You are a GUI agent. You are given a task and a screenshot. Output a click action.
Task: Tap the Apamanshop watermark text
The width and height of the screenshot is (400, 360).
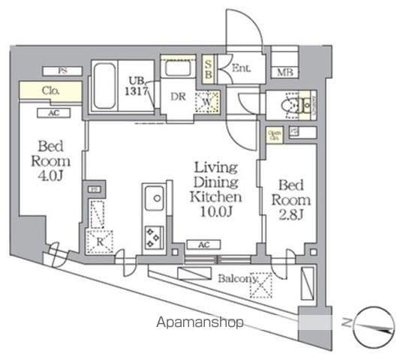click(200, 324)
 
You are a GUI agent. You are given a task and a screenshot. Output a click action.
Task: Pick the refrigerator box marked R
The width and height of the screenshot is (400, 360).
click(98, 240)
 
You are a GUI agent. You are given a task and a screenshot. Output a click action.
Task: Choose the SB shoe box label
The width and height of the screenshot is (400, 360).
click(208, 69)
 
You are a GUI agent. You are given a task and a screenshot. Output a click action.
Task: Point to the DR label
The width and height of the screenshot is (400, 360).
click(177, 97)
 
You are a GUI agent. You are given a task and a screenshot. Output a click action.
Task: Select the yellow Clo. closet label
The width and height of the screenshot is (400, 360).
click(50, 91)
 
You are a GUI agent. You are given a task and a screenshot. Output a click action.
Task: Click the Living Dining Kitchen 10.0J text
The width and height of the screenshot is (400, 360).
click(216, 189)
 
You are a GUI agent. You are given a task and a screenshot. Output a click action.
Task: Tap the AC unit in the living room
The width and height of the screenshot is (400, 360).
click(203, 244)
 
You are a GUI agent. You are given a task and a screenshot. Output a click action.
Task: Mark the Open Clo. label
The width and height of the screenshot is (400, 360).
click(274, 136)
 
